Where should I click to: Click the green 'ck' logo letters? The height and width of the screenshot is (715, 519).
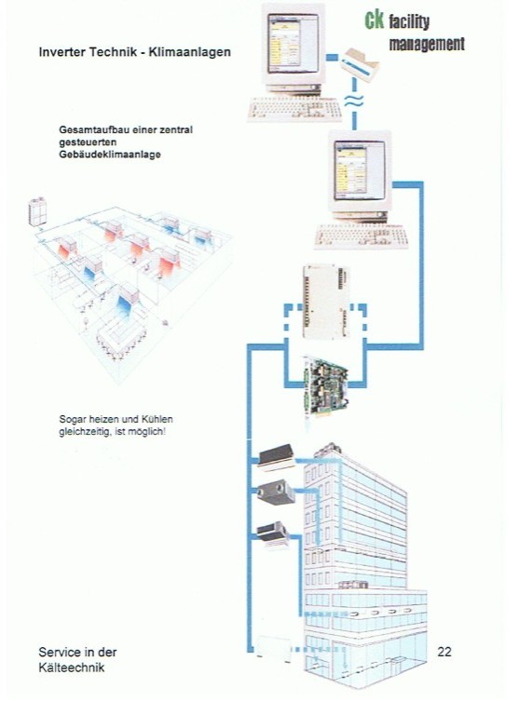(x=374, y=20)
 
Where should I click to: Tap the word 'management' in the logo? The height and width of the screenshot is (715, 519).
(x=427, y=45)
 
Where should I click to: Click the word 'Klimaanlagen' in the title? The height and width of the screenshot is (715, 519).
(x=190, y=52)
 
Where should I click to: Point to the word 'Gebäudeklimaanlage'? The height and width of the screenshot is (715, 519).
(x=110, y=155)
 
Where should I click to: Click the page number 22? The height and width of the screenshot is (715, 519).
(x=444, y=652)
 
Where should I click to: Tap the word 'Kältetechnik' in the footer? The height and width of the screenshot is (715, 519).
(x=72, y=668)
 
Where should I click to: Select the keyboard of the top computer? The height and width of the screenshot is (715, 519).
(x=294, y=110)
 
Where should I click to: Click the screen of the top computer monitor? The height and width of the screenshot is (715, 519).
(x=294, y=43)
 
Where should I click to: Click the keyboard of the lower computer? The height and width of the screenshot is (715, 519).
(x=361, y=236)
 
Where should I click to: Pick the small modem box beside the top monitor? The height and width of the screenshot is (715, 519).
(x=360, y=64)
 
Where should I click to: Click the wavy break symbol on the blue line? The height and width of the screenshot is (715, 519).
(x=354, y=101)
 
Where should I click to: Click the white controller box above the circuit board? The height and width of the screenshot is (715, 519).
(x=325, y=302)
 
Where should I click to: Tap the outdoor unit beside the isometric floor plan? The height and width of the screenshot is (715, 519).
(x=37, y=211)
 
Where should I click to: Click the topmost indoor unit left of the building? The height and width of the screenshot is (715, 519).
(x=276, y=456)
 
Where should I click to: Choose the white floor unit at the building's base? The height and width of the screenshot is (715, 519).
(x=273, y=647)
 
